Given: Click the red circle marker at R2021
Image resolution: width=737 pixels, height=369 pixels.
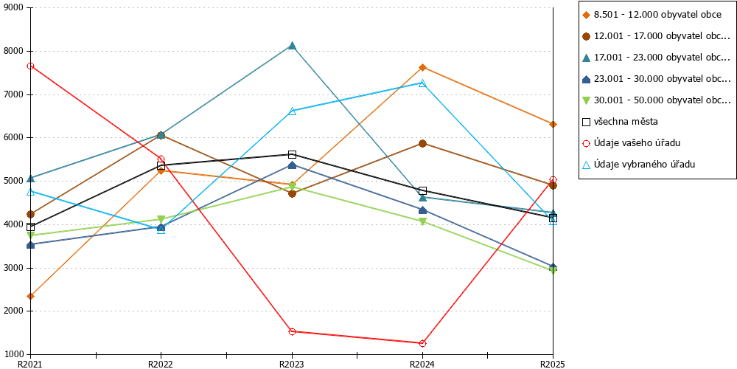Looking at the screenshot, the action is (x=30, y=66).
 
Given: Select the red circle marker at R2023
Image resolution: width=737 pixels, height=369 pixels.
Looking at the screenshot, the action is (x=292, y=331).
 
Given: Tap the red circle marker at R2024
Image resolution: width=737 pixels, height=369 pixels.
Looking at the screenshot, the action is (x=422, y=344).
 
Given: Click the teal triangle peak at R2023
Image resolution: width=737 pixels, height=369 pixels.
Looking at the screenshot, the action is (x=292, y=46).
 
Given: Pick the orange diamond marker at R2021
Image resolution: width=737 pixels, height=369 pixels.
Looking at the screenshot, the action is (x=30, y=296).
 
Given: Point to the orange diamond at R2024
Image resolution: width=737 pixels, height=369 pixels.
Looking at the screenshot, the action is (x=422, y=67).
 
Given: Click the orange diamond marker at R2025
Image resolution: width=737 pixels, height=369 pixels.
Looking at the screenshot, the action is (x=553, y=124).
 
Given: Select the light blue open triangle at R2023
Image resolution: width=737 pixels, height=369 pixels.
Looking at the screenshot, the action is (x=292, y=111).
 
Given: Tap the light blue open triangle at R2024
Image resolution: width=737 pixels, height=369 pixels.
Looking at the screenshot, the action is (x=422, y=83).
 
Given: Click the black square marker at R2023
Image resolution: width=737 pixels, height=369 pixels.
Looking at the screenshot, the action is (x=292, y=154).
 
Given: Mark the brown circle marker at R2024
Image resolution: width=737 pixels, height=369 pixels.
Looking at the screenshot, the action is (x=422, y=144).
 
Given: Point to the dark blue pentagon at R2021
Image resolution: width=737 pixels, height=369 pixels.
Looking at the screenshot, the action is (x=30, y=245).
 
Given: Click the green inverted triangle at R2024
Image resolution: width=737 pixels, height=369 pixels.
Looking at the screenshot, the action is (x=422, y=221).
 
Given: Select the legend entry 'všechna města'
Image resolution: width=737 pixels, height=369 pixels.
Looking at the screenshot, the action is (x=620, y=122).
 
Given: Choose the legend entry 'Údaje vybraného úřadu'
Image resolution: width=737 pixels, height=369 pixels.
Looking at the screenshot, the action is (x=638, y=165).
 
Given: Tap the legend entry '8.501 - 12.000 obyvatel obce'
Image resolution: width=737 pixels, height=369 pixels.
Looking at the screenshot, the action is (x=652, y=15).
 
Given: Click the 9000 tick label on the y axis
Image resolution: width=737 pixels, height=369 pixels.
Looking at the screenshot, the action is (x=15, y=8).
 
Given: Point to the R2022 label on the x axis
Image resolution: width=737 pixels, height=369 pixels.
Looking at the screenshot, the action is (x=161, y=364).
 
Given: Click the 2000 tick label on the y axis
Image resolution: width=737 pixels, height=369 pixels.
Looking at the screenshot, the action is (x=15, y=311).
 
